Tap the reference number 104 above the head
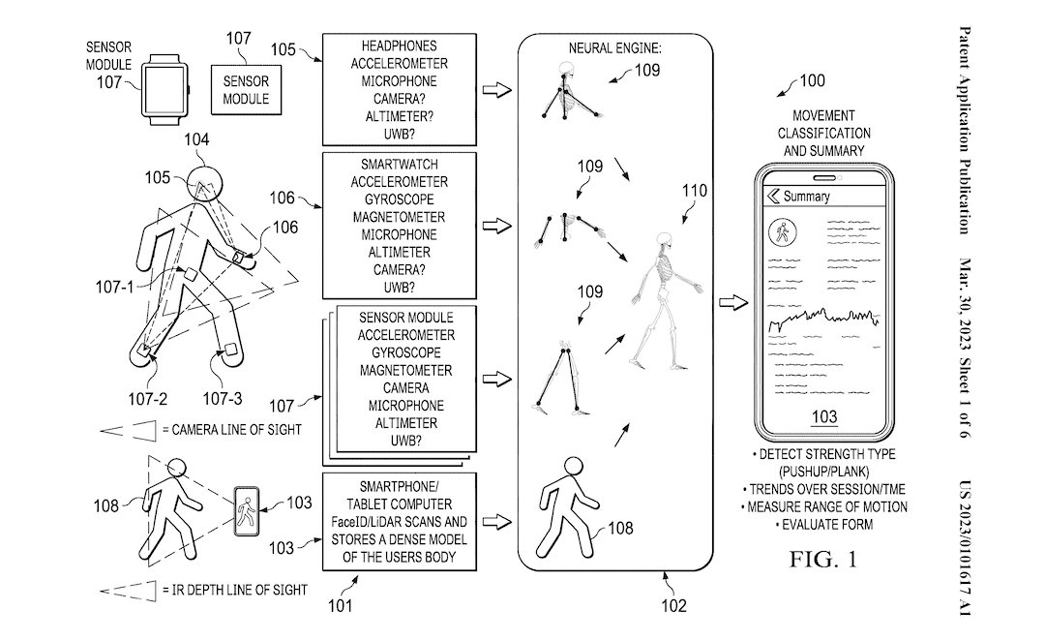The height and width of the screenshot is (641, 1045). [197, 140]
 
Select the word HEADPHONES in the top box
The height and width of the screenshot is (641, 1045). [399, 46]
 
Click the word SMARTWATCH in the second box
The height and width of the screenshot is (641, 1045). [399, 165]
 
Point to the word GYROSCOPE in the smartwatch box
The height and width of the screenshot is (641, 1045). [399, 199]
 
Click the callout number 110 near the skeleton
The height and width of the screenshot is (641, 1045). [695, 191]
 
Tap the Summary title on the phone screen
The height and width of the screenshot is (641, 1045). [806, 197]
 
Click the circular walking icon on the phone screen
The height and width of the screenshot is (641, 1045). [781, 232]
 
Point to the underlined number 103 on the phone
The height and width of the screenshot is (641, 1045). [822, 417]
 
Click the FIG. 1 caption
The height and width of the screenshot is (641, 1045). [824, 560]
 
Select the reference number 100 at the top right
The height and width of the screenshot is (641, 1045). [811, 81]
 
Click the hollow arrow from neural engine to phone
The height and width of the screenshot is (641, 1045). [732, 303]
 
